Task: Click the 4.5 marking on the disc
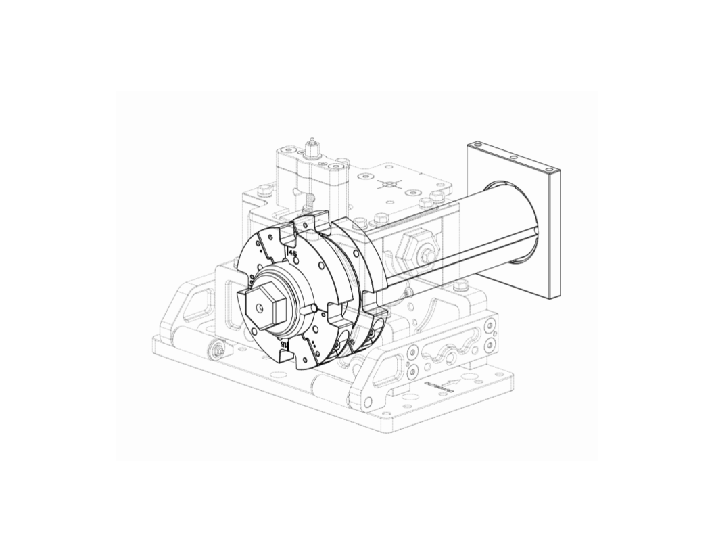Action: coord(293,253)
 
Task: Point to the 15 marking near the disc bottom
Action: coord(285,344)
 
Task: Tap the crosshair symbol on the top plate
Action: coord(390,185)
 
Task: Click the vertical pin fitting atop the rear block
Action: coord(312,148)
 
